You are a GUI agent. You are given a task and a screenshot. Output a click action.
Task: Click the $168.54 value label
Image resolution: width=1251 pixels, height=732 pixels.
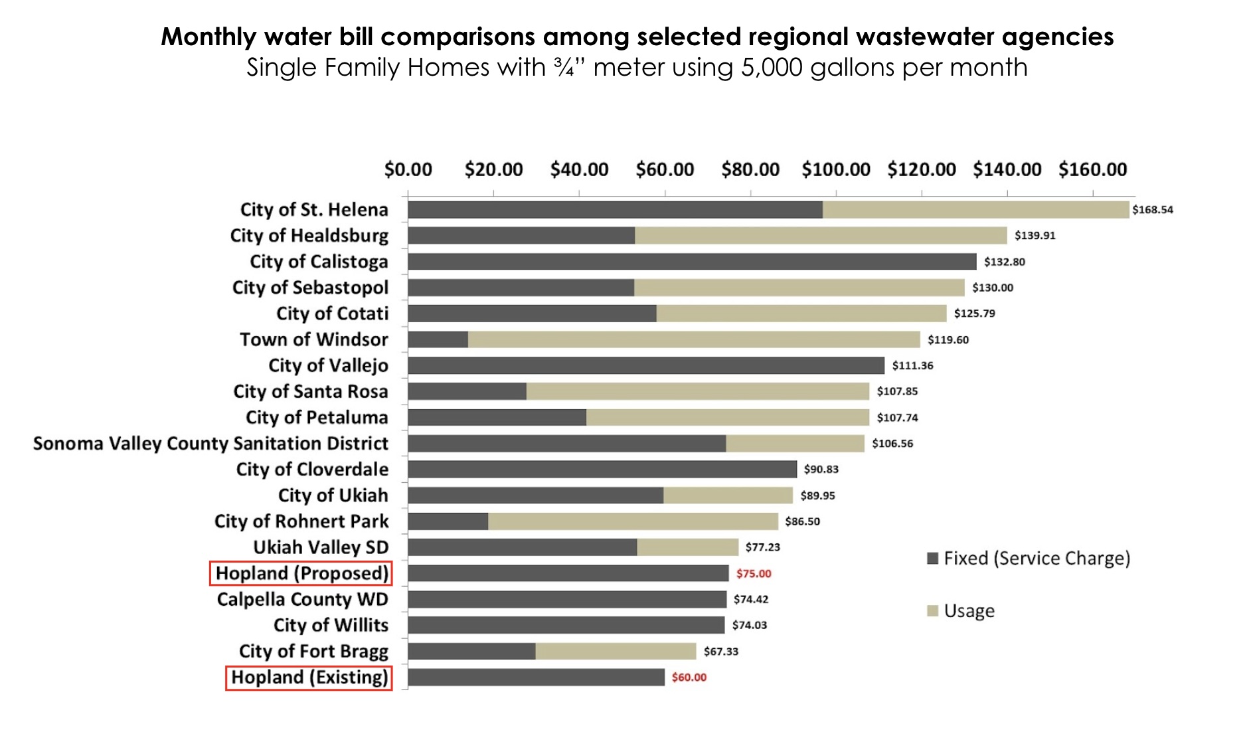pyautogui.click(x=1152, y=210)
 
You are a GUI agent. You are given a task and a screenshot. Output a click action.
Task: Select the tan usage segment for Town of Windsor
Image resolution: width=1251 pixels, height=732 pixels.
pyautogui.click(x=694, y=339)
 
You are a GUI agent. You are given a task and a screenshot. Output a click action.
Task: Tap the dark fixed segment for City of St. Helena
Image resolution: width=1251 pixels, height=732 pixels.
pyautogui.click(x=615, y=210)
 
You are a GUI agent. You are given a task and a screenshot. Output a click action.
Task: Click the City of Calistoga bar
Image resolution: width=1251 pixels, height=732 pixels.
pyautogui.click(x=692, y=262)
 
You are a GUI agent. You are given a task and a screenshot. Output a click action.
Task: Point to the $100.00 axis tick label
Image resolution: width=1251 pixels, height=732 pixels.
pyautogui.click(x=835, y=170)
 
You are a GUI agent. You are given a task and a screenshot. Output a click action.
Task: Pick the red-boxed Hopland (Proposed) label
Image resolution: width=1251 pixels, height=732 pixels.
pyautogui.click(x=301, y=573)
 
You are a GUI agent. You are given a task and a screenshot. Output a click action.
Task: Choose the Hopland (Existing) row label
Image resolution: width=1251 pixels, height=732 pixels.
pyautogui.click(x=309, y=678)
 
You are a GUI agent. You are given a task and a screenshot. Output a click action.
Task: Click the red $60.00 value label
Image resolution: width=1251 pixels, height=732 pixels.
pyautogui.click(x=689, y=678)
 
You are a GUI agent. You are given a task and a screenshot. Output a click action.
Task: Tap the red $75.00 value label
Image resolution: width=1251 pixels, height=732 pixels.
pyautogui.click(x=753, y=573)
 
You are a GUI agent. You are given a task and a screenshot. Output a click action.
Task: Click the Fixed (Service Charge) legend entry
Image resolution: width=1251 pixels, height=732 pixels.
pyautogui.click(x=1029, y=559)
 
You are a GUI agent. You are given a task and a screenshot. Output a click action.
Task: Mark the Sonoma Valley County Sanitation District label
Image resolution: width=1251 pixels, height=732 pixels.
pyautogui.click(x=210, y=443)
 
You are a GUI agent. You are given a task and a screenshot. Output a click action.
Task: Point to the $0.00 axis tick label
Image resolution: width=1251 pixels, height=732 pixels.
pyautogui.click(x=408, y=170)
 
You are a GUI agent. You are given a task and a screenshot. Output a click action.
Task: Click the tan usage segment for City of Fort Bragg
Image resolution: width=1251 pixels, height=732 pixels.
pyautogui.click(x=616, y=652)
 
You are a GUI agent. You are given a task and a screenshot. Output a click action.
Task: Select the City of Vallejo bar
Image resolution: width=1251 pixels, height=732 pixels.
pyautogui.click(x=646, y=365)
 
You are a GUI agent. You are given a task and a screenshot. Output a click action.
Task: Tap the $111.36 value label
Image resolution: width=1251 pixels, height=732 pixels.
pyautogui.click(x=912, y=365)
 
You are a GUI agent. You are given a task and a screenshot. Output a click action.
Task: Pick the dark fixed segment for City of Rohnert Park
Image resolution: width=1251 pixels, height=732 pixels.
pyautogui.click(x=448, y=521)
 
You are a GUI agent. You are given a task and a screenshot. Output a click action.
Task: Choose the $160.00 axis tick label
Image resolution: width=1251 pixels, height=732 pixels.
pyautogui.click(x=1092, y=170)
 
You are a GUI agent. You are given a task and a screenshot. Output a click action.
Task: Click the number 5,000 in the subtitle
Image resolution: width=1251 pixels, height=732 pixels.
pyautogui.click(x=771, y=68)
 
